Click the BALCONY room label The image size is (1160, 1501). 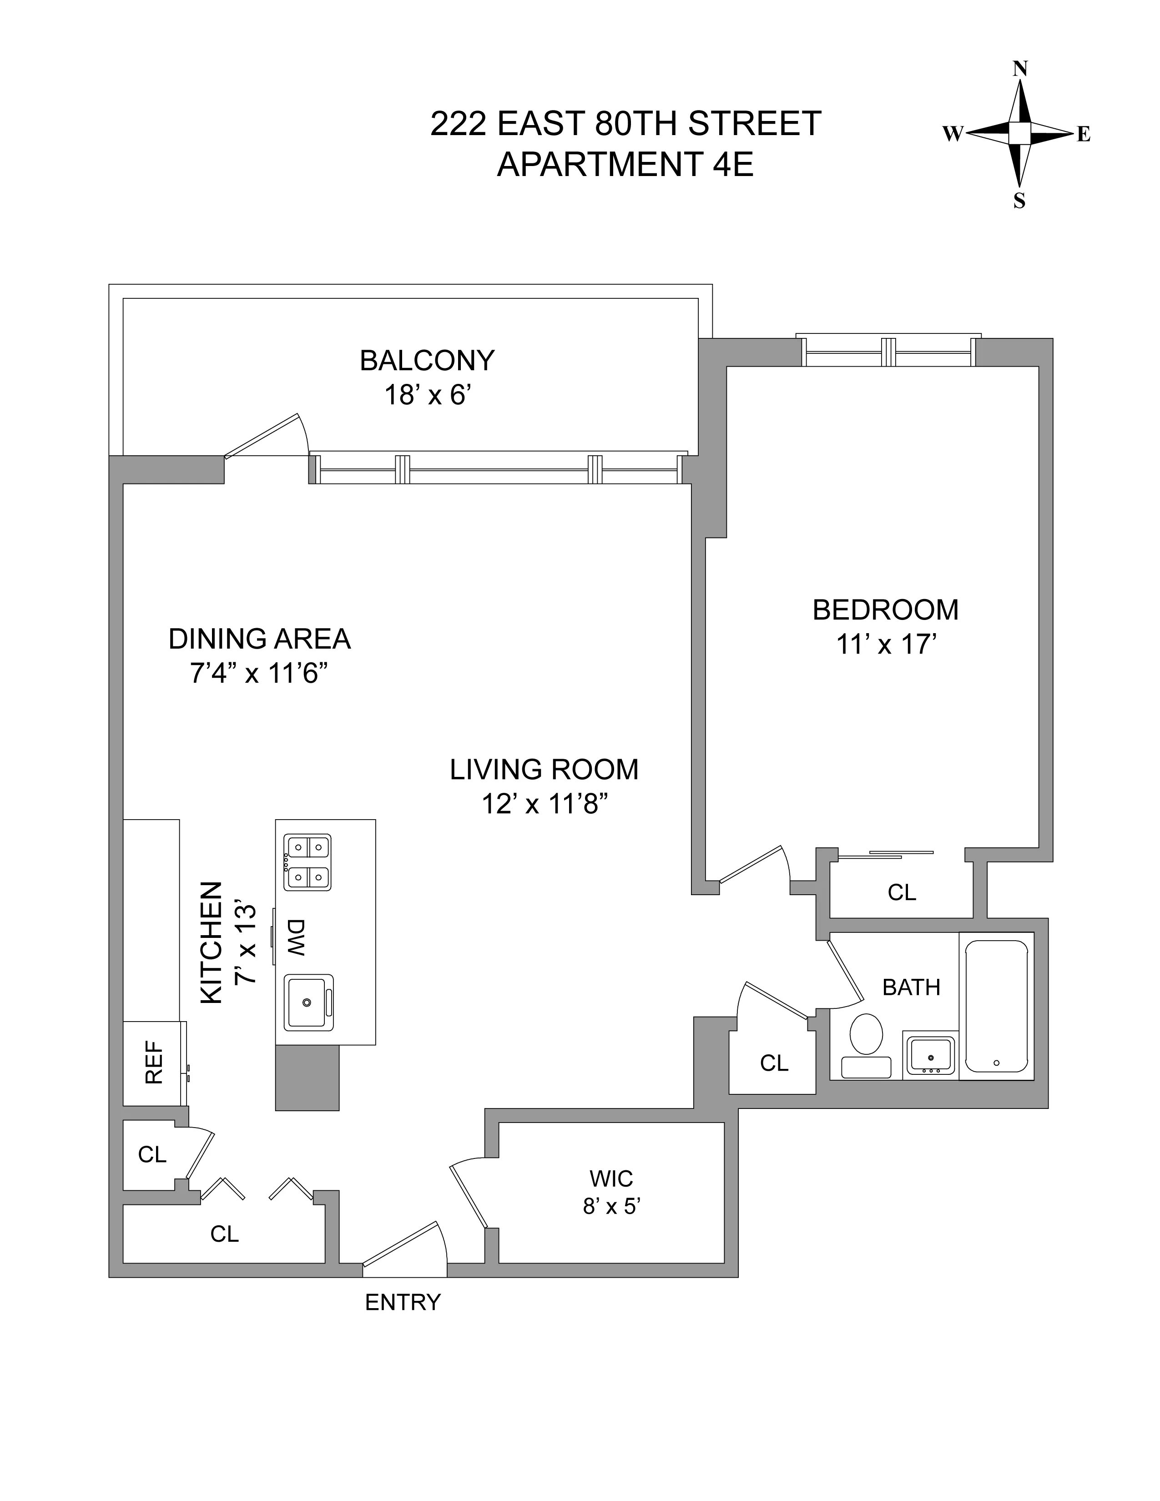pyautogui.click(x=427, y=361)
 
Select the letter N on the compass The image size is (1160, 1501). pyautogui.click(x=1020, y=69)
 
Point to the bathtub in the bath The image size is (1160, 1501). pyautogui.click(x=996, y=1006)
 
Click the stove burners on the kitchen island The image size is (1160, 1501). pyautogui.click(x=307, y=862)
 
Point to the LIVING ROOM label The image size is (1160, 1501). pyautogui.click(x=544, y=769)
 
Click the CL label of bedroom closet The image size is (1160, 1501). pyautogui.click(x=902, y=892)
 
